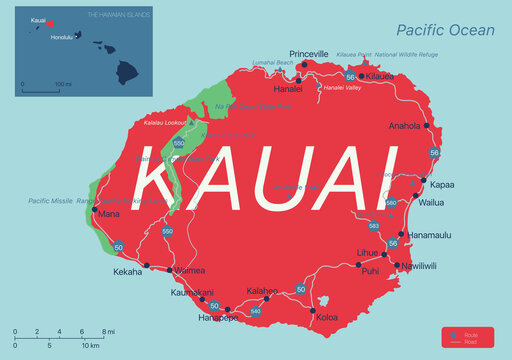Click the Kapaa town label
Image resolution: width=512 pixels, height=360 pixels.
click(442, 186)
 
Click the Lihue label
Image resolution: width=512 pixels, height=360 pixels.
click(368, 253)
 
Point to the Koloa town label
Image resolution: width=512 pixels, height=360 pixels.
click(325, 317)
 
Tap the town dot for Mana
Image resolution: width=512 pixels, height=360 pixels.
click(95, 210)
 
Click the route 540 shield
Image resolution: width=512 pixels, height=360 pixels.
click(256, 312)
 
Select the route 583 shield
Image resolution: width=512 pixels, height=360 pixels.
click(373, 226)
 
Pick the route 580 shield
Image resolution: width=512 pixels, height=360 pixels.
click(391, 203)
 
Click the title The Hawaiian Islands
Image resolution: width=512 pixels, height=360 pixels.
click(118, 15)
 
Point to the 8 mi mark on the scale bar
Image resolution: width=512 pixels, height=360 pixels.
click(104, 331)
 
